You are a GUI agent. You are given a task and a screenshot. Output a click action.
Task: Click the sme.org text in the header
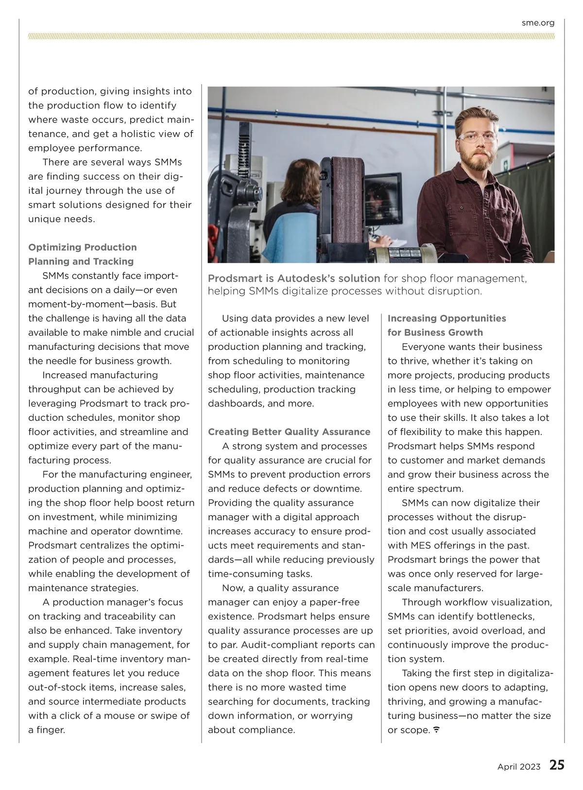point(538,23)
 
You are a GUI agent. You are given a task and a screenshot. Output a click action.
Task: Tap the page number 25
point(557,765)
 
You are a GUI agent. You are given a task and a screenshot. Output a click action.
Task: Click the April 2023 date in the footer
point(518,767)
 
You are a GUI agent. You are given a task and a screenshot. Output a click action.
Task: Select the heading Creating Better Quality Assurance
point(289,432)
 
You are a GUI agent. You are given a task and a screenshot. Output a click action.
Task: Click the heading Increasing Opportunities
point(446,318)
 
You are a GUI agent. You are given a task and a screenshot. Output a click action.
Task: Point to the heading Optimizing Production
point(83,247)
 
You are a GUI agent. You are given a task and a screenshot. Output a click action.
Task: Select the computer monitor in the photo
point(384,200)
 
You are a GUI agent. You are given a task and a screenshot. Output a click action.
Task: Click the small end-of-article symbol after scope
point(436,730)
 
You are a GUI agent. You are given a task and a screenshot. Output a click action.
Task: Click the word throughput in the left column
point(52,389)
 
